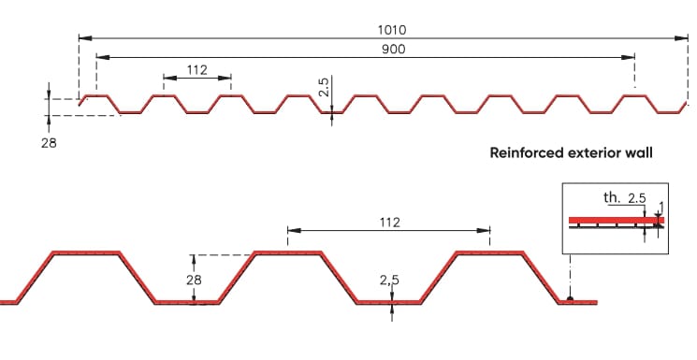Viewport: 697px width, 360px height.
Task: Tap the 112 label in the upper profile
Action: (196, 69)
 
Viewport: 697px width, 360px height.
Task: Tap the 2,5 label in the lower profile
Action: (391, 279)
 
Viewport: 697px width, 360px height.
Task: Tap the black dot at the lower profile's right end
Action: (570, 300)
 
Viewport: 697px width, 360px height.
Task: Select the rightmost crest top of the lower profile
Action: (489, 252)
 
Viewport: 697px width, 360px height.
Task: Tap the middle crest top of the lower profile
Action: (287, 252)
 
